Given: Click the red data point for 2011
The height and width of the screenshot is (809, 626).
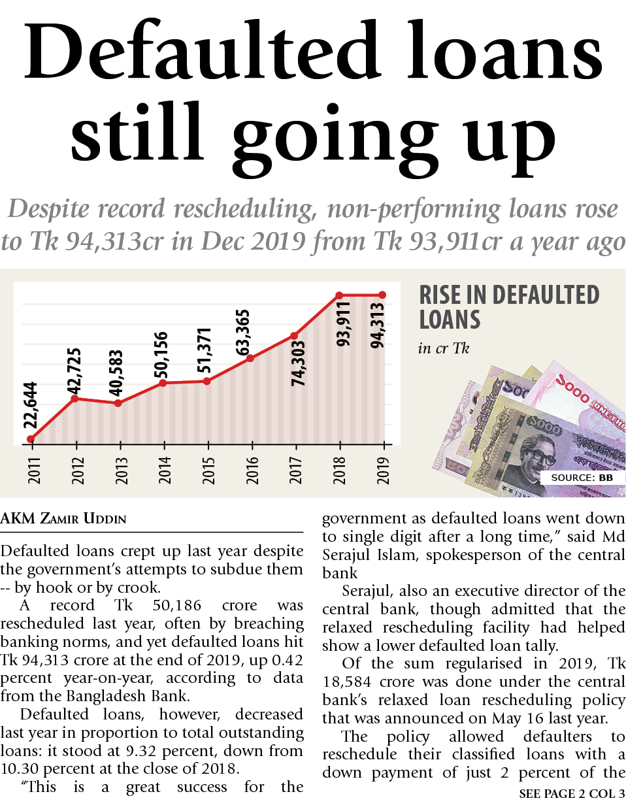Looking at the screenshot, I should [31, 439].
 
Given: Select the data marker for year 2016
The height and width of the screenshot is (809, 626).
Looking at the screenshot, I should [250, 358].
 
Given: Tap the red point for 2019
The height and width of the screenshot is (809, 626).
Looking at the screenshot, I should [382, 295].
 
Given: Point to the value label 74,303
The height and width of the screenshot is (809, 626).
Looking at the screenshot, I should [298, 363].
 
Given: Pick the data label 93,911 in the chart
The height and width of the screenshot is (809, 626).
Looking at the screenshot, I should [343, 323].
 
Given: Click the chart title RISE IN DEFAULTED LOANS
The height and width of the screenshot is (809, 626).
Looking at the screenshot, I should [508, 307].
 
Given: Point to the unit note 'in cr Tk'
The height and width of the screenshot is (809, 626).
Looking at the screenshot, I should [443, 348].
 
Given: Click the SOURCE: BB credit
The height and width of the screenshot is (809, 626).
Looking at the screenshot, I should [582, 478].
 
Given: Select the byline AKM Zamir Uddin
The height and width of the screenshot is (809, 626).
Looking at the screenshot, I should [63, 519].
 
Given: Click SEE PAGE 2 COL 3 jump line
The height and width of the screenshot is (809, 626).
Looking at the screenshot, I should [572, 794].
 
